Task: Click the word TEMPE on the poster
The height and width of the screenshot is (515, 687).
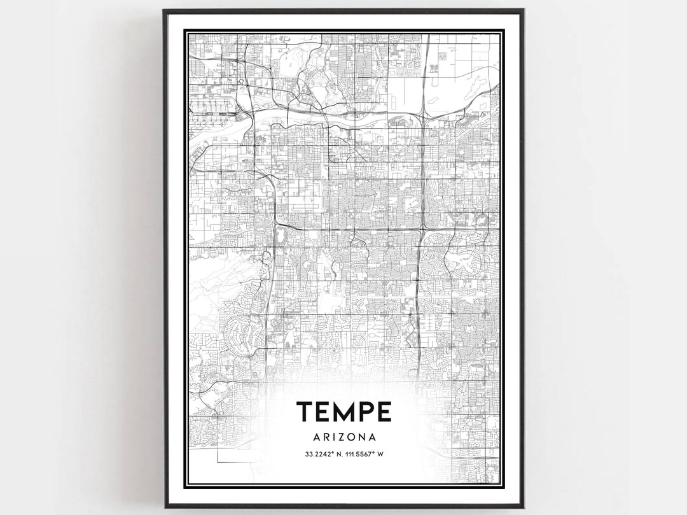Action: click(343, 412)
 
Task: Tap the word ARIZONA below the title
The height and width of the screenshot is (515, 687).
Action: click(343, 437)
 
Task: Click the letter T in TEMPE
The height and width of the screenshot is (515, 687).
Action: click(304, 412)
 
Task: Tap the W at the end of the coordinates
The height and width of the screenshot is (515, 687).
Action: click(384, 454)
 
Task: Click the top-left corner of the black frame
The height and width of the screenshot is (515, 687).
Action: click(163, 10)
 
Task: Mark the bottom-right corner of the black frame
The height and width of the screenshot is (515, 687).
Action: click(523, 507)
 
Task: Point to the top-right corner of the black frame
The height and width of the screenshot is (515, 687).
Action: click(523, 10)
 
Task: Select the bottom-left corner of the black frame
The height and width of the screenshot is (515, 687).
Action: click(163, 507)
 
